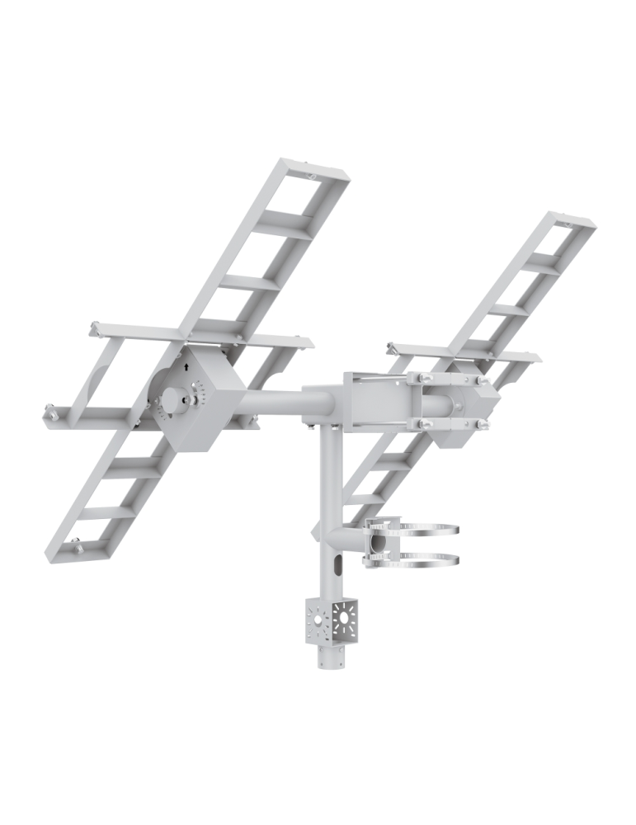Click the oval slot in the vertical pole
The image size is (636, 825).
337,567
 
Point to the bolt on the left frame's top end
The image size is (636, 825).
309,176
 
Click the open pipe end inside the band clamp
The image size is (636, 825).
379,544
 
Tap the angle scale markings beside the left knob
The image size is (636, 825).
196,393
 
